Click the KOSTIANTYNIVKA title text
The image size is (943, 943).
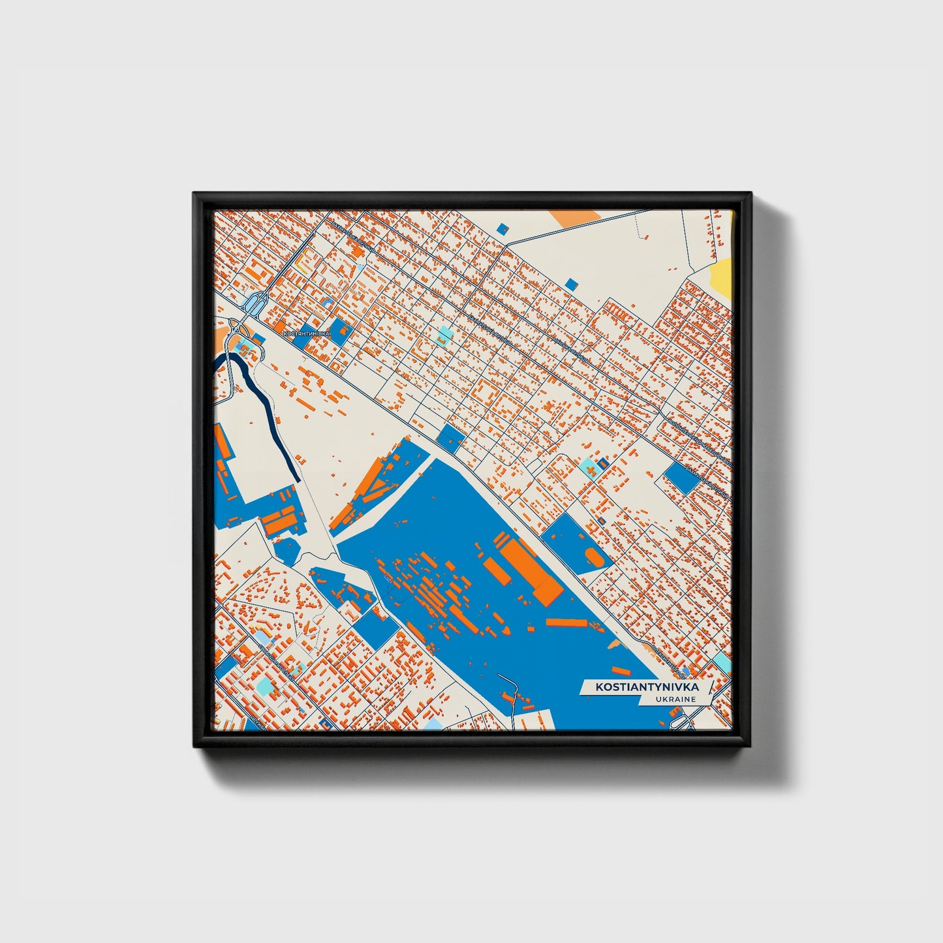tap(646, 687)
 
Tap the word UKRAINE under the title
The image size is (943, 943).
tap(677, 700)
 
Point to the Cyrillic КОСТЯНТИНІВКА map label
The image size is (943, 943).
tap(307, 333)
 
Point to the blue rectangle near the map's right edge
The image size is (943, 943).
tap(681, 478)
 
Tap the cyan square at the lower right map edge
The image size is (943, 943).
tap(722, 663)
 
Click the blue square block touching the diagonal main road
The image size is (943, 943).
tap(449, 438)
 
